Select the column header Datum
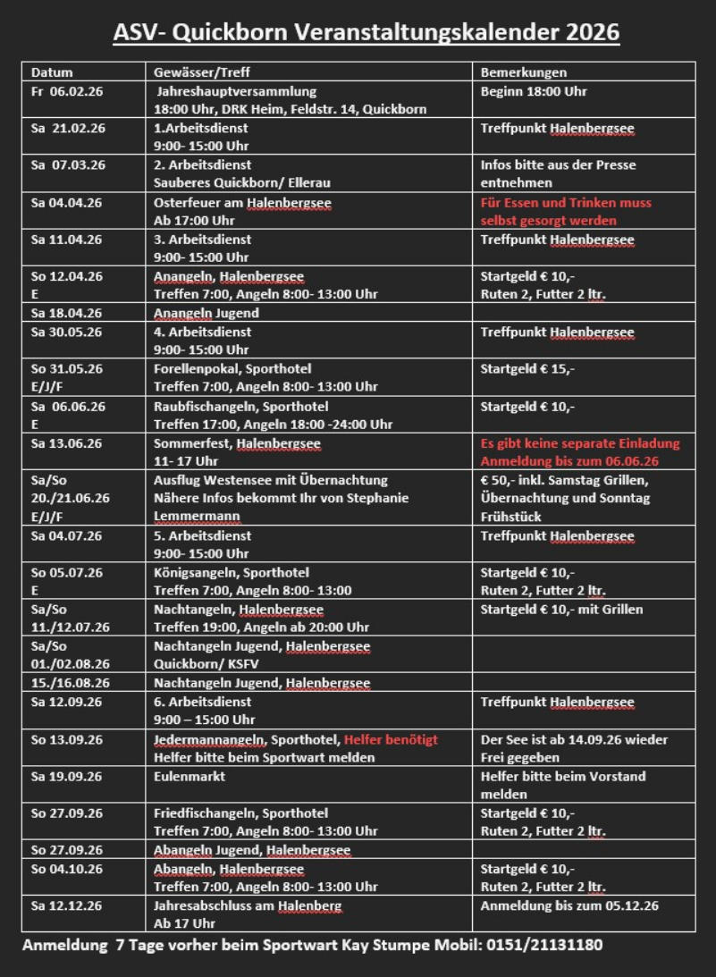(x=52, y=72)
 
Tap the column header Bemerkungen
(x=523, y=72)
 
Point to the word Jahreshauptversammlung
(x=236, y=91)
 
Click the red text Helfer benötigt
(x=391, y=740)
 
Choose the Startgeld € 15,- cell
(x=527, y=368)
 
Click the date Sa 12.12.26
(x=67, y=905)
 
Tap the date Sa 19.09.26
(x=67, y=777)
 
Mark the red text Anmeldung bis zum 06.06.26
(x=569, y=461)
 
